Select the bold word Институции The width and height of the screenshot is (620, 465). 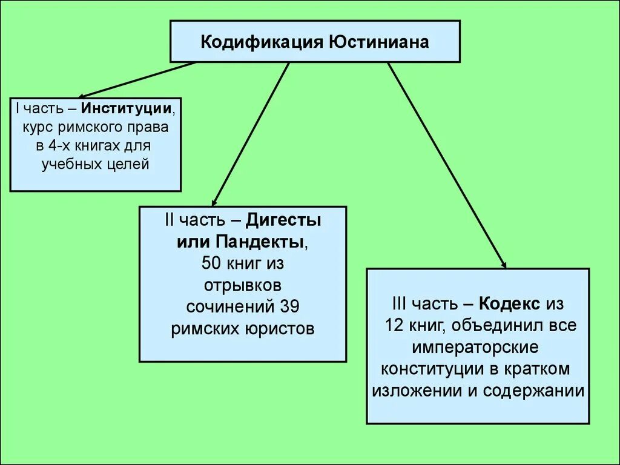point(127,110)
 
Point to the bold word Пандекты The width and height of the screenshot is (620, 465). point(266,242)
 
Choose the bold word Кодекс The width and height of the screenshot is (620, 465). point(510,303)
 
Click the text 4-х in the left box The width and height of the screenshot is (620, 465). point(61,146)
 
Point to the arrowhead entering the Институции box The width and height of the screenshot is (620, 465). point(82,95)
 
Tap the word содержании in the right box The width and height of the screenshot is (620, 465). point(534,391)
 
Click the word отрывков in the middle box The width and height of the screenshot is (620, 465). point(242,285)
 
